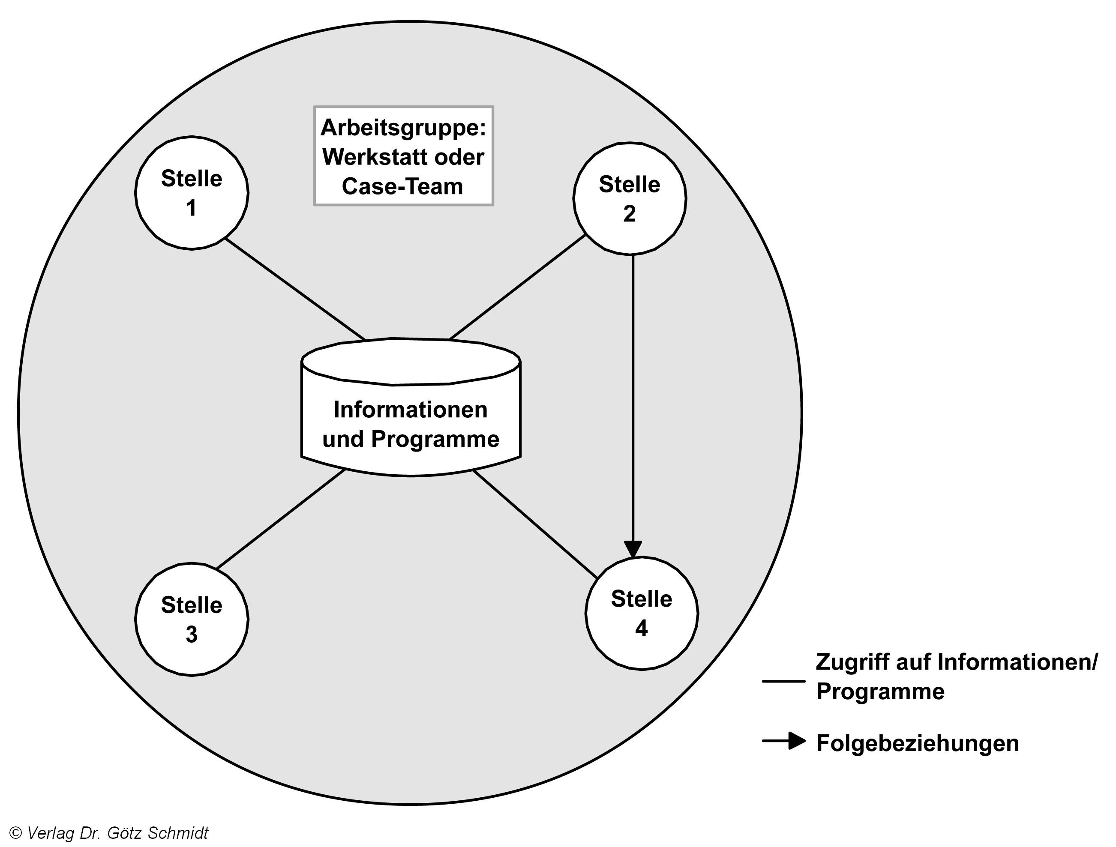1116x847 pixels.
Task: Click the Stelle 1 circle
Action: pos(192,193)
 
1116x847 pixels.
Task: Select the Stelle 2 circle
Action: pos(630,198)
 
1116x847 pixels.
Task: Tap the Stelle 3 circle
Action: pos(192,619)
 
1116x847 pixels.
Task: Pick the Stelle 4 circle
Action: pos(642,614)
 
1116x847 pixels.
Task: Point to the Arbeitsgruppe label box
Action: pos(403,156)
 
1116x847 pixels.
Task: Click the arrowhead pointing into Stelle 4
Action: pos(633,549)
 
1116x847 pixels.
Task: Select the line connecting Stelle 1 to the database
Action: pos(295,289)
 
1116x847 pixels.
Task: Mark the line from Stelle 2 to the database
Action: pos(517,287)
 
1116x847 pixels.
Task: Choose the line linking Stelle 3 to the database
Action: pos(281,519)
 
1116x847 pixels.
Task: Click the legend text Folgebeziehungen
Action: pos(917,744)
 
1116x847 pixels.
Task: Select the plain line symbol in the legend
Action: pos(783,681)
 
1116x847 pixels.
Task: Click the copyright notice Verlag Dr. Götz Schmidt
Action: pos(109,833)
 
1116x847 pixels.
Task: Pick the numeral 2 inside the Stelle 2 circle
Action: pos(629,214)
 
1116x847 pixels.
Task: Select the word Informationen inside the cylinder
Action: pos(411,410)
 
